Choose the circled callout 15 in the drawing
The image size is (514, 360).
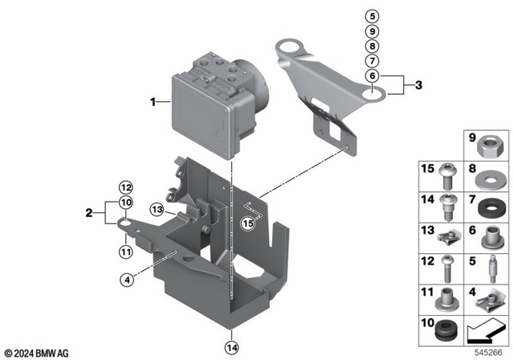point(249,224)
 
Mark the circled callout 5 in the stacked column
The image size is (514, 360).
point(371,16)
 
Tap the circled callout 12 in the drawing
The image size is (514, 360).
point(125,186)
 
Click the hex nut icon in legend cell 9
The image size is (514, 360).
point(489,150)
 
